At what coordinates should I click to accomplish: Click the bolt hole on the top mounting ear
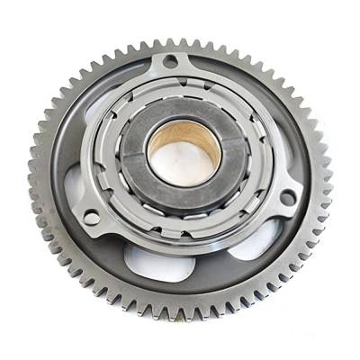[x=169, y=62]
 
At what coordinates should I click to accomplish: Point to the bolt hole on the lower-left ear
[x=90, y=217]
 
